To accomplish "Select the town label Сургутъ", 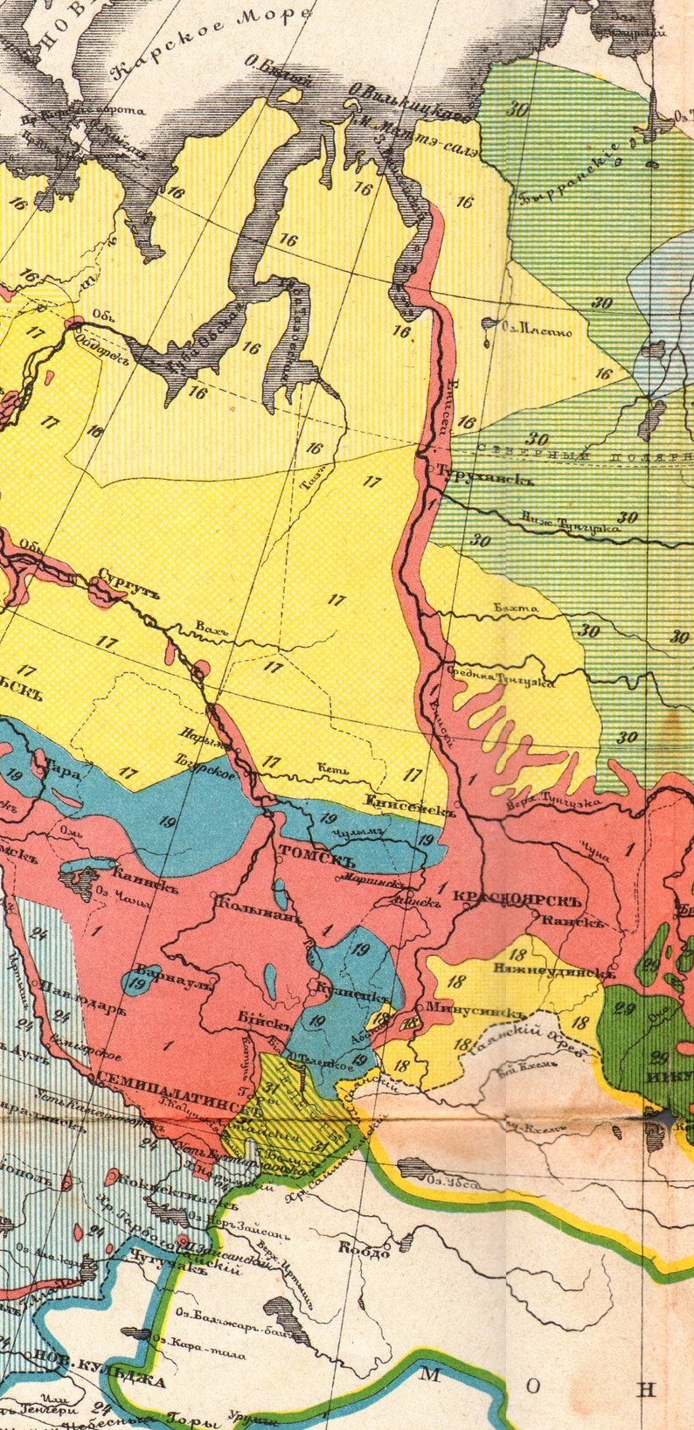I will coord(128,580).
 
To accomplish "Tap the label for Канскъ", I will coord(573,920).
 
